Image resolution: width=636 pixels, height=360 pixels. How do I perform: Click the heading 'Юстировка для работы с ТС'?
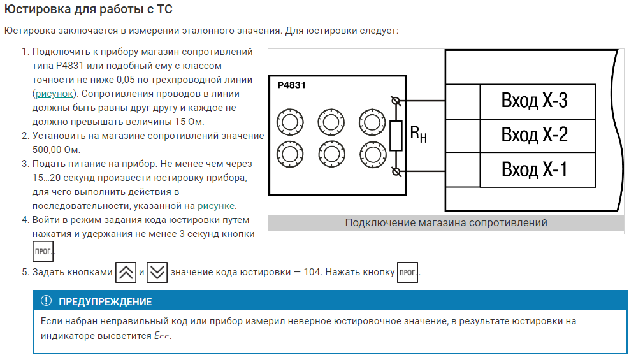[x=89, y=10]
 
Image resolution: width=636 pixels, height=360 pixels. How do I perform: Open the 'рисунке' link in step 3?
[x=216, y=206]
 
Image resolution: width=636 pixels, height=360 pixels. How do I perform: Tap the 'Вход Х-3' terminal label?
[x=534, y=101]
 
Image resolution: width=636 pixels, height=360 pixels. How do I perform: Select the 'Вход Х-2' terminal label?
[x=534, y=135]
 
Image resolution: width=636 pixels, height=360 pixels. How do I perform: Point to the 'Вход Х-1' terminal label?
[x=534, y=169]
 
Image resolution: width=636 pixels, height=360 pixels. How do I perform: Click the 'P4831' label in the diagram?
[x=291, y=85]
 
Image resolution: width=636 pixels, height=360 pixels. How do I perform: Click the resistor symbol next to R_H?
[x=396, y=136]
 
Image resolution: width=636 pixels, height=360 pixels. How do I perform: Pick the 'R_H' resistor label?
[x=418, y=134]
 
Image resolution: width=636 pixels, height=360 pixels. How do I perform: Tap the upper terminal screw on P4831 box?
[x=396, y=101]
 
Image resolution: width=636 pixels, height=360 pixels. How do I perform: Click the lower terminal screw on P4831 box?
[x=396, y=171]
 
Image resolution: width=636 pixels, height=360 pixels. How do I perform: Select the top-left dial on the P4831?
[x=289, y=120]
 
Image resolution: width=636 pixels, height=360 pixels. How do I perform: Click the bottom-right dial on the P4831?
[x=372, y=154]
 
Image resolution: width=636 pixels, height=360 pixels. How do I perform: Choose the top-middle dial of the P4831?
[x=331, y=120]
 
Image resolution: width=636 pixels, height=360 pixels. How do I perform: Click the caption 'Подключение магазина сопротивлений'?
[x=446, y=223]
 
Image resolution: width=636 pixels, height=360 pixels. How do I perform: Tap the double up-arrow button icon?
[x=126, y=273]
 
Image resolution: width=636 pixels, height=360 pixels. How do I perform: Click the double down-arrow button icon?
[x=157, y=273]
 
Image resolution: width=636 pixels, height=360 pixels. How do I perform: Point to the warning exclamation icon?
[x=46, y=301]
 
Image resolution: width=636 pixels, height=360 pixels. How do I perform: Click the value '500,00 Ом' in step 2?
[x=56, y=150]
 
